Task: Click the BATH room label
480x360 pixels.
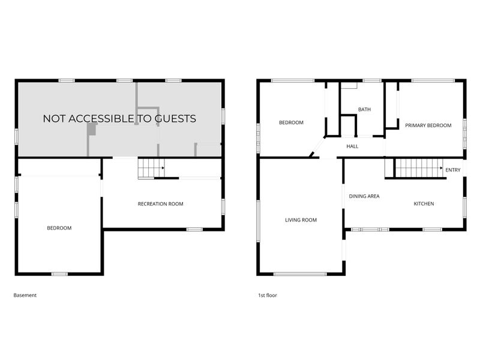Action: pyautogui.click(x=364, y=109)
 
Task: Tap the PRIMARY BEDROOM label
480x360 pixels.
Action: pyautogui.click(x=428, y=125)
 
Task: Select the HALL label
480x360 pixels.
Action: pyautogui.click(x=352, y=146)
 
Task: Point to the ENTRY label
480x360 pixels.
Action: pyautogui.click(x=453, y=170)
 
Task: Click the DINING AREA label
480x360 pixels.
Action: pyautogui.click(x=364, y=196)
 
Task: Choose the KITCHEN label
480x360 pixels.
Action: pyautogui.click(x=424, y=203)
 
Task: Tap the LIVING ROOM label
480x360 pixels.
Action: pyautogui.click(x=301, y=220)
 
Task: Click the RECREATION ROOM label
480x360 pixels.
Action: pyautogui.click(x=160, y=204)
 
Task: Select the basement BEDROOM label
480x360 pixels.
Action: pyautogui.click(x=59, y=228)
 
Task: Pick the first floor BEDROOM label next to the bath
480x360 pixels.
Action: pyautogui.click(x=291, y=122)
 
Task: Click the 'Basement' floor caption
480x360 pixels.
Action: pyautogui.click(x=25, y=295)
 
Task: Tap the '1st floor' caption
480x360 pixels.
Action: pyautogui.click(x=267, y=295)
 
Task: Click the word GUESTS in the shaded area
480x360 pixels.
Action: pyautogui.click(x=175, y=118)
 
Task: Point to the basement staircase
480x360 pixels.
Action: pyautogui.click(x=151, y=168)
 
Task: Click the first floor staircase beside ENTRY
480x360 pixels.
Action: pyautogui.click(x=419, y=168)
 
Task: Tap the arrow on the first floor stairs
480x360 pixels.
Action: pyautogui.click(x=442, y=168)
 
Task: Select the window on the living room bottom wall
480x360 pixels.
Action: pyautogui.click(x=300, y=274)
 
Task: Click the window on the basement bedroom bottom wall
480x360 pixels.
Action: pyautogui.click(x=59, y=274)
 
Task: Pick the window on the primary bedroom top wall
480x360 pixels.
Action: pyautogui.click(x=433, y=81)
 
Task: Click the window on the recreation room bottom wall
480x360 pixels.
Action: pyautogui.click(x=194, y=229)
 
